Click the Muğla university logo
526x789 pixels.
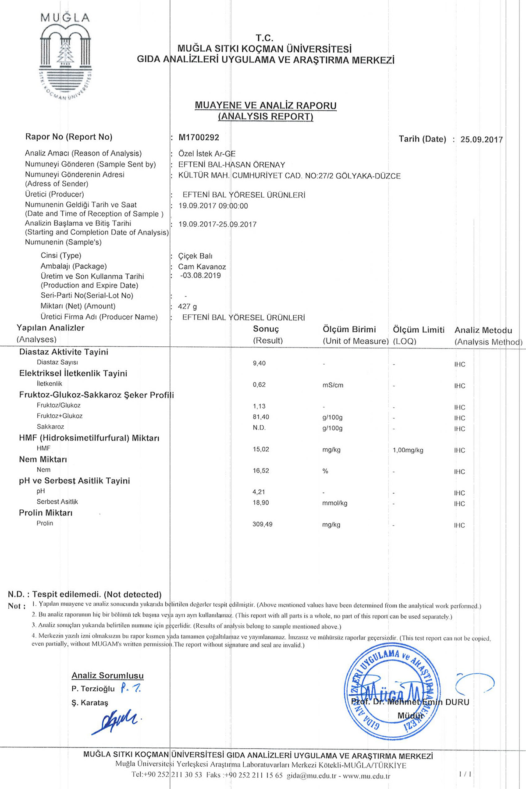click(66, 57)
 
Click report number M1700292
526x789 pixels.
click(199, 137)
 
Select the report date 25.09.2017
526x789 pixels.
click(481, 139)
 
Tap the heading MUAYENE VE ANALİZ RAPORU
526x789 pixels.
click(266, 106)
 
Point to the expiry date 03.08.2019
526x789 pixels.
click(201, 276)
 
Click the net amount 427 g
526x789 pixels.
click(188, 306)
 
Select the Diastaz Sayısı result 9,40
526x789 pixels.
click(259, 363)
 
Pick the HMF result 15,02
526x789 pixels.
click(261, 449)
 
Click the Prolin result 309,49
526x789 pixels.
click(262, 524)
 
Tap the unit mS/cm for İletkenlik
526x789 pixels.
click(333, 385)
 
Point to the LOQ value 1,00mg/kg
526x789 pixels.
click(408, 450)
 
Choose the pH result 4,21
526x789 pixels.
click(259, 492)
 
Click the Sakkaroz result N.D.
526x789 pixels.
click(259, 428)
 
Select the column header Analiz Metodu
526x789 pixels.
click(483, 331)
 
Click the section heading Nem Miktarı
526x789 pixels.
click(43, 459)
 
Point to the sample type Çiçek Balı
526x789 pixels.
click(195, 256)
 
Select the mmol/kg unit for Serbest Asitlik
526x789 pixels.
click(334, 503)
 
